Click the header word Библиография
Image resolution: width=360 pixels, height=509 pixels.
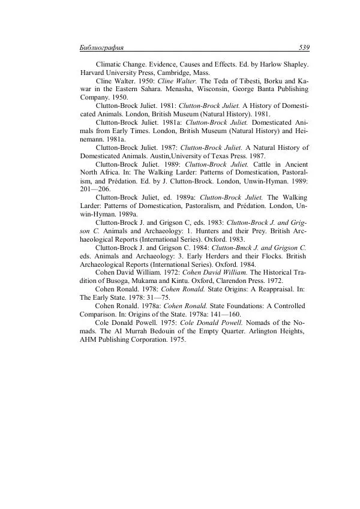tap(101, 47)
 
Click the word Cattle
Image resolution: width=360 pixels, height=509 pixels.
tap(256, 164)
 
